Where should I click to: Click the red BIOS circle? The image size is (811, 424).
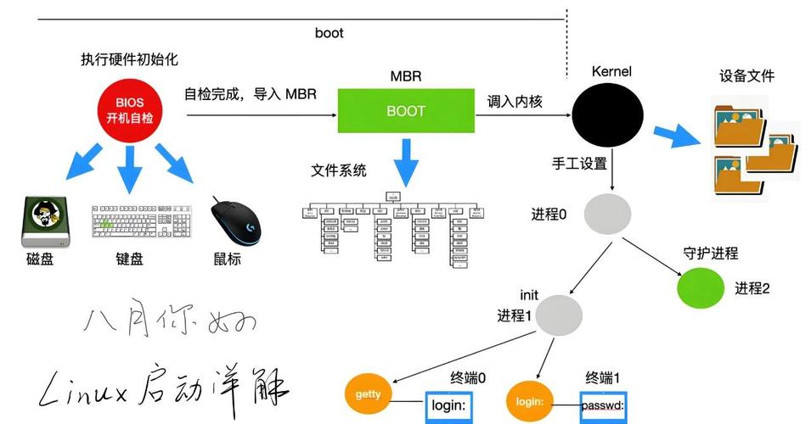(129, 110)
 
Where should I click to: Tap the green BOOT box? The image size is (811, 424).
(406, 110)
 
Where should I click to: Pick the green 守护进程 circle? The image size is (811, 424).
(700, 287)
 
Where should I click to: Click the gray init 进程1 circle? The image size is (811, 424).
(560, 315)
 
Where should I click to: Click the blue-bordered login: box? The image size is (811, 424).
(448, 407)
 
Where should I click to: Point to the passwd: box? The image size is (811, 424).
(603, 407)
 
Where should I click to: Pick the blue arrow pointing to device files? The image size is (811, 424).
(677, 134)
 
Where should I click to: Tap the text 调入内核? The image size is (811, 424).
(515, 101)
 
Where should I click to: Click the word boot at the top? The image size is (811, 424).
(329, 33)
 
